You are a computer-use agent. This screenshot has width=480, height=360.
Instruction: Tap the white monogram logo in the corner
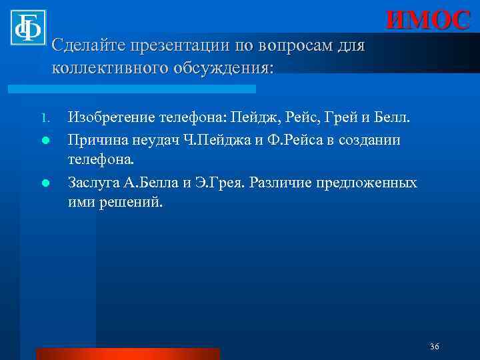pos(28,27)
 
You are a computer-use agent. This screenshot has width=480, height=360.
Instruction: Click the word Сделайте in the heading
pos(85,47)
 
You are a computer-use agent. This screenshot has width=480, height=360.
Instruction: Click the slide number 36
pos(435,347)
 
